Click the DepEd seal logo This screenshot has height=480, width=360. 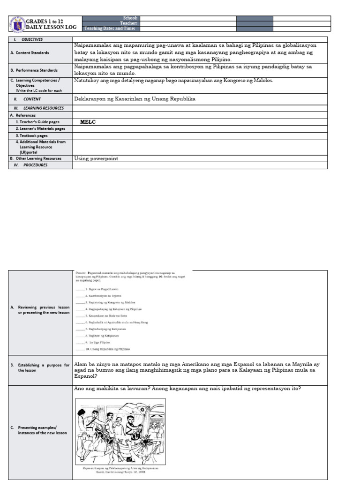pyautogui.click(x=17, y=25)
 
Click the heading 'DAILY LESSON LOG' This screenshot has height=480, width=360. pyautogui.click(x=51, y=28)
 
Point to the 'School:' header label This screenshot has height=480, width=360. pyautogui.click(x=129, y=18)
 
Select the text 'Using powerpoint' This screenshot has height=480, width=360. pyautogui.click(x=96, y=158)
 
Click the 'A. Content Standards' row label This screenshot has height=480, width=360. pyautogui.click(x=30, y=53)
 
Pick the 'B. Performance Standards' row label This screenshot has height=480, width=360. pyautogui.click(x=34, y=70)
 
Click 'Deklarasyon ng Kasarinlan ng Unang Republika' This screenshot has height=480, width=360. pyautogui.click(x=135, y=99)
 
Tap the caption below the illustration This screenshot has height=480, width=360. pyautogui.click(x=120, y=470)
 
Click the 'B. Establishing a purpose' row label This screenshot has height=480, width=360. pyautogui.click(x=40, y=367)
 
